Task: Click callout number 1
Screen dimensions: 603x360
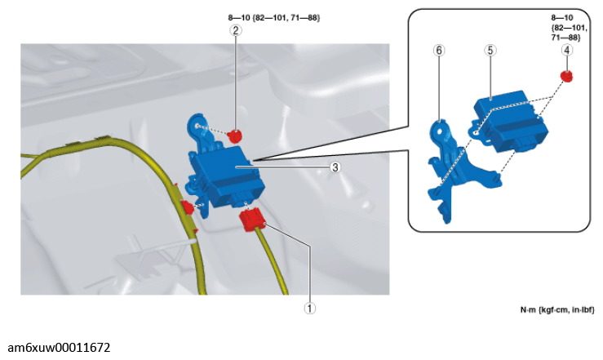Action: pos(309,308)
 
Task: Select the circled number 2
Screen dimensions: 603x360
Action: pos(236,30)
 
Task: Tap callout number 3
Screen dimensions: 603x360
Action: pos(335,167)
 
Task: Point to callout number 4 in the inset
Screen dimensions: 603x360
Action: pos(566,50)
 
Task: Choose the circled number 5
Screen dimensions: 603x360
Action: pos(490,50)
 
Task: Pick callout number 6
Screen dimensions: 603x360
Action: pos(439,50)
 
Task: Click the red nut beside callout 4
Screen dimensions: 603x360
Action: pos(566,76)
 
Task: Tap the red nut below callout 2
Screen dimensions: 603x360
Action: pos(234,136)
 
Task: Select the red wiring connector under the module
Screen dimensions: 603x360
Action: pos(252,220)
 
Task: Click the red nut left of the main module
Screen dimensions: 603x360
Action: pos(188,207)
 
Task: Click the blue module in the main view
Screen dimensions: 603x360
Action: pos(227,177)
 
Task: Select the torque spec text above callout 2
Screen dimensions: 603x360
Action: pos(274,18)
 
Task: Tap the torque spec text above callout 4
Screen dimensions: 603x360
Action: pos(569,28)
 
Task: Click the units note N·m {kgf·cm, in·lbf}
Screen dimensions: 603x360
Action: pos(557,309)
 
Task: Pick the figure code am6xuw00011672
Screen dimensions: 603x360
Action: pos(59,348)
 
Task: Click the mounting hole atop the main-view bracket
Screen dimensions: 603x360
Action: pos(197,126)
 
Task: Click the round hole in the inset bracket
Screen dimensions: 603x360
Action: pos(439,130)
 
